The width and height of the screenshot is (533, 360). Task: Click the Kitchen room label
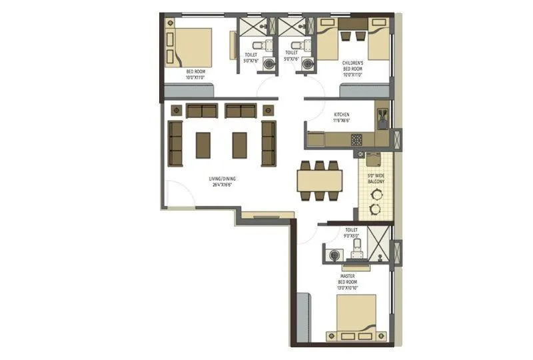pyautogui.click(x=341, y=115)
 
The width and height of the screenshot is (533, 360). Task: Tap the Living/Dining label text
pyautogui.click(x=223, y=179)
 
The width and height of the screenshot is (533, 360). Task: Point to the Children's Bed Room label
pyautogui.click(x=352, y=65)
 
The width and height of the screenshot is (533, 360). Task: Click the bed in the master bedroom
pyautogui.click(x=356, y=318)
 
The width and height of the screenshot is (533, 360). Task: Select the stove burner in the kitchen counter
pyautogui.click(x=356, y=140)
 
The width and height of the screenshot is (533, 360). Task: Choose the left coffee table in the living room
pyautogui.click(x=203, y=145)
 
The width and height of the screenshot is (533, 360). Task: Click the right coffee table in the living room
pyautogui.click(x=239, y=145)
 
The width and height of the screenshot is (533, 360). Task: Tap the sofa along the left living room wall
pyautogui.click(x=176, y=143)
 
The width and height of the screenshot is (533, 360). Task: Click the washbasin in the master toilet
pyautogui.click(x=334, y=254)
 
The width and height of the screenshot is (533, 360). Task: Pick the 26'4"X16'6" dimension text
pyautogui.click(x=223, y=185)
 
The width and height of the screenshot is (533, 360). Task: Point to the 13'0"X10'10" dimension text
pyautogui.click(x=348, y=289)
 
